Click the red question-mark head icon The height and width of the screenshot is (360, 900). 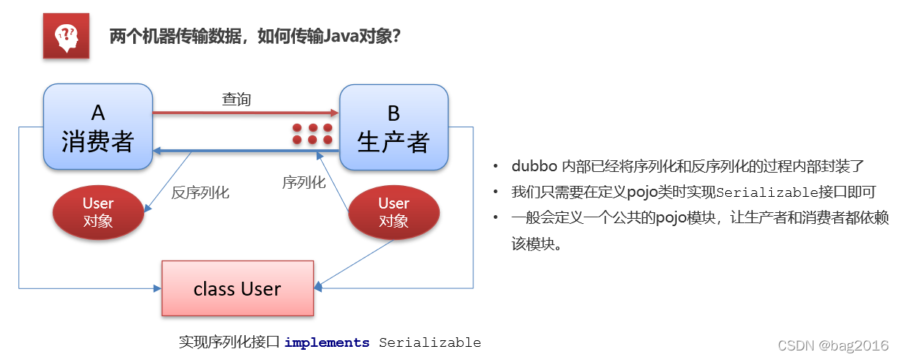(66, 35)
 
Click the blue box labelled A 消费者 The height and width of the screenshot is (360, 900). (98, 127)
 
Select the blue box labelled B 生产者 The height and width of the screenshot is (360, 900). (394, 127)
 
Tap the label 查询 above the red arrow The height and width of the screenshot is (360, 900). (236, 100)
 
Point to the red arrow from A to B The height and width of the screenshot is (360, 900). (245, 113)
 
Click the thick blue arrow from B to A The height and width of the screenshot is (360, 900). (245, 151)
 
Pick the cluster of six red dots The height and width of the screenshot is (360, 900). (312, 133)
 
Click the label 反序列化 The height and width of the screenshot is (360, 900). (200, 193)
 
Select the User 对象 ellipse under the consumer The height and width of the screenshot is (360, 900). (98, 212)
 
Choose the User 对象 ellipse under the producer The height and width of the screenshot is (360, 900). (394, 212)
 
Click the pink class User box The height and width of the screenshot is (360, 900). (237, 288)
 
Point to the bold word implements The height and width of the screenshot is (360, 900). (327, 342)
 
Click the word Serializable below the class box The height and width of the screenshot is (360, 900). (430, 342)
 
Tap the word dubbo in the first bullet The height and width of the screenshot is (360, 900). (533, 167)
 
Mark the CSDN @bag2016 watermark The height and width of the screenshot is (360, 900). (832, 345)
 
